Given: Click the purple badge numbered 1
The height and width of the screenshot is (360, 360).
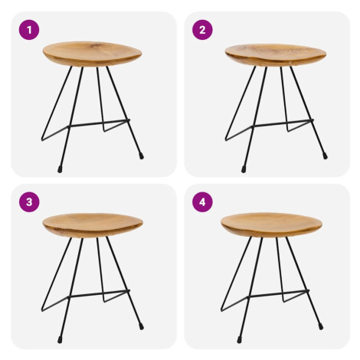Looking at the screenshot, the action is click(x=29, y=30).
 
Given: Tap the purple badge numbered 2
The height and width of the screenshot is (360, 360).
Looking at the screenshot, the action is click(x=202, y=30).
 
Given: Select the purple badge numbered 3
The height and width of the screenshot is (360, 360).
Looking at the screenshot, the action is click(x=29, y=202).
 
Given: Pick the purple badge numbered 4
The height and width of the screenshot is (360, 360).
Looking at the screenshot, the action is click(x=202, y=202).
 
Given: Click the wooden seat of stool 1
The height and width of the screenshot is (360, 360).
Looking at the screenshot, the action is click(x=92, y=54).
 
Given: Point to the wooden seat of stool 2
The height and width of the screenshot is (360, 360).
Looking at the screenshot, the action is click(x=276, y=54).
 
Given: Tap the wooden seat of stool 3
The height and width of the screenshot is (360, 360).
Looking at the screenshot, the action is click(x=93, y=225).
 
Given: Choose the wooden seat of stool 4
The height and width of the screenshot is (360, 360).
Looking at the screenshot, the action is click(x=271, y=224).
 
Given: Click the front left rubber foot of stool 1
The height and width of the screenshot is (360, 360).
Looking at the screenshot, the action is click(x=60, y=169).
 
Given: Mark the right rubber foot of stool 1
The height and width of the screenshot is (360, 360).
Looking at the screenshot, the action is click(x=141, y=156).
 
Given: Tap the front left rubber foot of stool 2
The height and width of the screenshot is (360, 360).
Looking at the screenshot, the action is click(x=244, y=169).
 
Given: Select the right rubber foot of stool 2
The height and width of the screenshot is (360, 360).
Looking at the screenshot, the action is click(x=325, y=156).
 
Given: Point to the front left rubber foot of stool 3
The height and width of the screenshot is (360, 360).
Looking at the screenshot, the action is click(x=60, y=339).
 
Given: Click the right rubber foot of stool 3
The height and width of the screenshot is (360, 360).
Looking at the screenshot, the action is click(x=141, y=326).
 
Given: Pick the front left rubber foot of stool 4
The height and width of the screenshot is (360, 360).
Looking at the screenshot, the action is click(x=239, y=339).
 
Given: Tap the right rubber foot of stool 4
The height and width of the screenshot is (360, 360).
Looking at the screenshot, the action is click(x=321, y=326).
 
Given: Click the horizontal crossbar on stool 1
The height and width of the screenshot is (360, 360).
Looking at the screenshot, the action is click(x=99, y=123).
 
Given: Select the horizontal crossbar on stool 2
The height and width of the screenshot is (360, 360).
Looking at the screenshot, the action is click(x=283, y=123).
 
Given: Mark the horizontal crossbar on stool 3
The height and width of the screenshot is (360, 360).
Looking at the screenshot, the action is click(x=99, y=293).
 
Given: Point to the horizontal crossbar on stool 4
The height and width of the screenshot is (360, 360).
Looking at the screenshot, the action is click(x=278, y=293).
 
